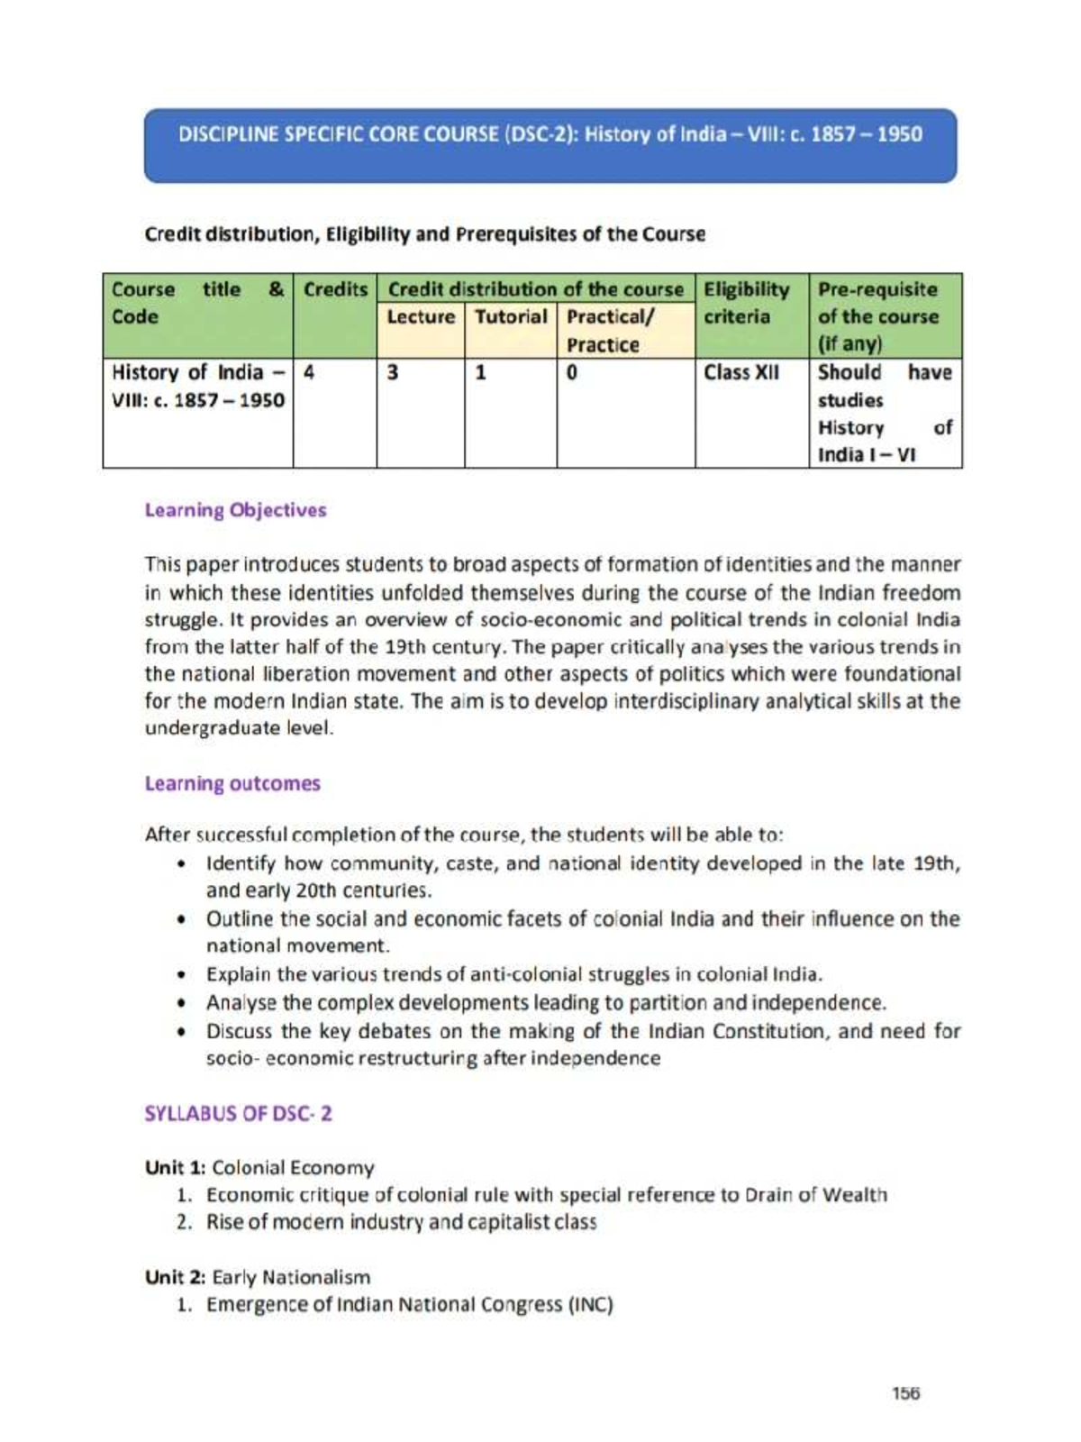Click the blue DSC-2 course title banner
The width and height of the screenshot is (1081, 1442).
(550, 145)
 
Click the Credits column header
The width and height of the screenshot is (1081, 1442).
(334, 290)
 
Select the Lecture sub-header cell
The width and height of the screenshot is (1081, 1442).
(421, 317)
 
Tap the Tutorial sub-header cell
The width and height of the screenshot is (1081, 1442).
(511, 317)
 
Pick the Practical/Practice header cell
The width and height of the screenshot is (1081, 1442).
(625, 330)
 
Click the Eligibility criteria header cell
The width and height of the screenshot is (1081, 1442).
(751, 303)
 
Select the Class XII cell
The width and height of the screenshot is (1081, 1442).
(740, 372)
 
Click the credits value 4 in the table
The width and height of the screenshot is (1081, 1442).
(309, 372)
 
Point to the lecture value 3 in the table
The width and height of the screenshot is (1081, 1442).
(393, 372)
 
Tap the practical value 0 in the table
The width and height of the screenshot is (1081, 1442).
(572, 372)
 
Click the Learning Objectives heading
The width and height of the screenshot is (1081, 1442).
(235, 510)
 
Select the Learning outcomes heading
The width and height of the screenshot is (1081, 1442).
(232, 783)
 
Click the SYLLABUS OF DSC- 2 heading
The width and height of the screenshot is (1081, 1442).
(238, 1113)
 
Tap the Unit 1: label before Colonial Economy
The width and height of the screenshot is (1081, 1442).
(176, 1168)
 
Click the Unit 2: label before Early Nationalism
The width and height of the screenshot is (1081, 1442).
(176, 1277)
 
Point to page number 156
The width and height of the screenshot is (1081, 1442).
(905, 1392)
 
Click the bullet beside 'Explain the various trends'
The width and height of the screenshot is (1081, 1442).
(183, 975)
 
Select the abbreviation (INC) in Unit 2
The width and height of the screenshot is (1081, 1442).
(590, 1304)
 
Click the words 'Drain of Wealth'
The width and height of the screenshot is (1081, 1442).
(815, 1195)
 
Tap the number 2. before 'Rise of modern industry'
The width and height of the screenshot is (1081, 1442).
(185, 1223)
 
